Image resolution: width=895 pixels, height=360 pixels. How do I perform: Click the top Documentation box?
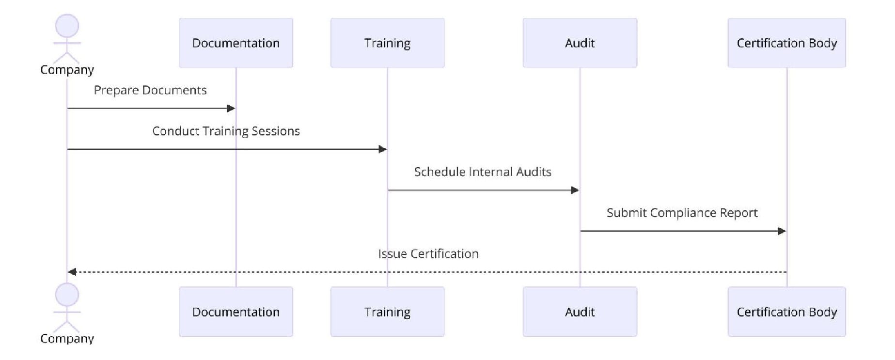click(x=236, y=43)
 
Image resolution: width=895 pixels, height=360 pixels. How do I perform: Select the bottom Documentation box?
click(x=236, y=312)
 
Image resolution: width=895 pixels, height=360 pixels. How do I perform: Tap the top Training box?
click(x=387, y=43)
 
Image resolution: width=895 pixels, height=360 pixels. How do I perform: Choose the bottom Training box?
click(x=387, y=312)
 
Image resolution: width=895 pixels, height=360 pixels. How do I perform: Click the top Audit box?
click(x=580, y=43)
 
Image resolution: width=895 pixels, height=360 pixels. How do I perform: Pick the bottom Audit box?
click(x=580, y=312)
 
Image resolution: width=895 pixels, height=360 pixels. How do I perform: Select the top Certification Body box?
click(x=786, y=43)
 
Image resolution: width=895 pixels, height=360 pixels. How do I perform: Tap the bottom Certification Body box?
click(x=786, y=312)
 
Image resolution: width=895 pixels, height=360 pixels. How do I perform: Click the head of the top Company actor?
click(x=67, y=26)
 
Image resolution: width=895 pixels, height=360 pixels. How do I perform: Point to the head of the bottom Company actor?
click(x=67, y=295)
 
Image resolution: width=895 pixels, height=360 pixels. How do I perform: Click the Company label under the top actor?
click(x=67, y=70)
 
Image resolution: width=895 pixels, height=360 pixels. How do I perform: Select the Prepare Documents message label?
click(x=150, y=91)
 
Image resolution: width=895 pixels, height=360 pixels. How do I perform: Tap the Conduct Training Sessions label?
click(x=226, y=131)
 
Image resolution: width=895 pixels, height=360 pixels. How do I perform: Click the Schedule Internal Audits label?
click(x=483, y=172)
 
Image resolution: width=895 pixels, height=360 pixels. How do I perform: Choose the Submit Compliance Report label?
click(x=682, y=213)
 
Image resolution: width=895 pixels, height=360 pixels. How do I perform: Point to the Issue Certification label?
click(x=428, y=254)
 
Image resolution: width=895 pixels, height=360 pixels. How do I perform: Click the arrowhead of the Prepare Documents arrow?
click(x=231, y=109)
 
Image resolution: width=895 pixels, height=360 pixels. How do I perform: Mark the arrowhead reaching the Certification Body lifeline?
click(x=782, y=231)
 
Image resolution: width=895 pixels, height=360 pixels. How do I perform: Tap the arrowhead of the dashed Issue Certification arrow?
click(x=72, y=272)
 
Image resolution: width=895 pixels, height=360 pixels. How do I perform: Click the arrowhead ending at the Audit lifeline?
click(x=575, y=190)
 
